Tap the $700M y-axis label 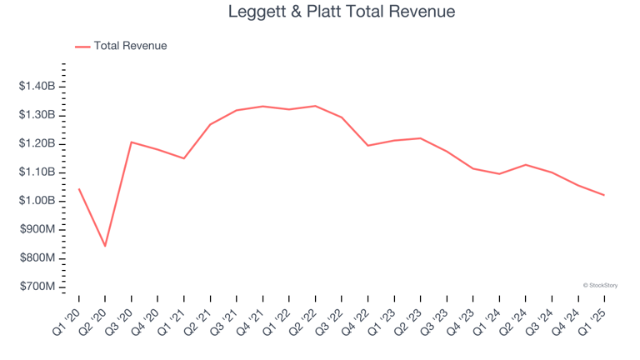click(x=38, y=287)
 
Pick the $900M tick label click(x=38, y=229)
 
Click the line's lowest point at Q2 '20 click(x=105, y=246)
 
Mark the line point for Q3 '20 click(x=131, y=142)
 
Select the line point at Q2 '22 click(x=315, y=106)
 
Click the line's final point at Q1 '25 click(x=604, y=195)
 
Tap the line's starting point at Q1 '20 click(x=78, y=188)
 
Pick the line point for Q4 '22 click(x=367, y=146)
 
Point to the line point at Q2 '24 click(x=525, y=164)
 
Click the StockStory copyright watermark click(x=600, y=285)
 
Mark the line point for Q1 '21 click(x=183, y=158)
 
